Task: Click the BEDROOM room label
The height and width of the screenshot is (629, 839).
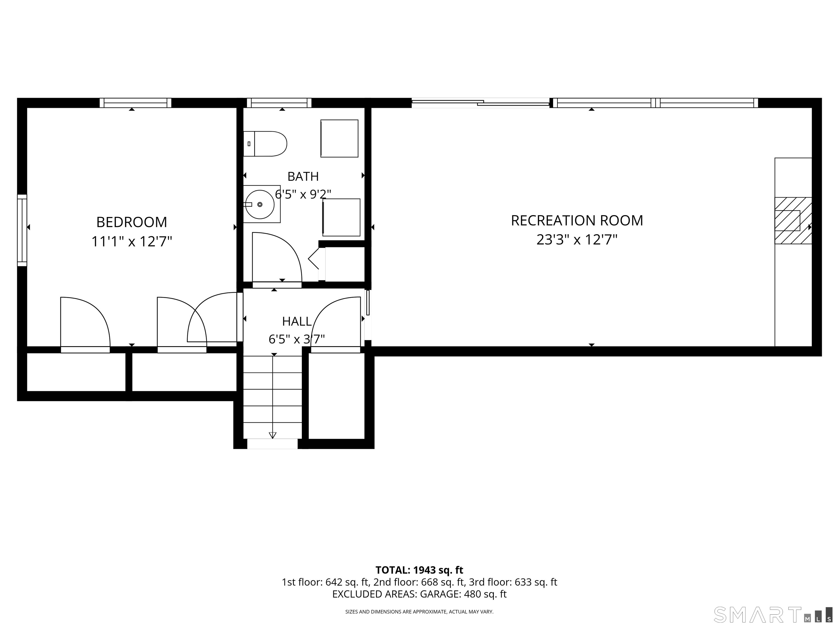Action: (132, 222)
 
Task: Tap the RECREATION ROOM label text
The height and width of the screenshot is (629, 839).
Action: (577, 221)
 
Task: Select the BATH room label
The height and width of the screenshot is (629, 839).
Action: (303, 176)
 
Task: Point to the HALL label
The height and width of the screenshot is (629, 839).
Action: (297, 322)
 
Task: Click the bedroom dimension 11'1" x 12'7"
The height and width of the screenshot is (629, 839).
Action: (132, 242)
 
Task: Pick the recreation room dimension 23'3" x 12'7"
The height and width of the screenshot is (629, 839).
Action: (577, 240)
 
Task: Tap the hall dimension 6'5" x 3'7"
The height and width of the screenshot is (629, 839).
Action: (297, 339)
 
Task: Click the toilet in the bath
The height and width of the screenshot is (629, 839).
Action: (265, 144)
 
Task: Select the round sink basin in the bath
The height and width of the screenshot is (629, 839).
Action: (260, 204)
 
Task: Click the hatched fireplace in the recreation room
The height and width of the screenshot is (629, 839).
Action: (793, 221)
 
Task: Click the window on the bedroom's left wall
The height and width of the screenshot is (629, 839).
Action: (22, 230)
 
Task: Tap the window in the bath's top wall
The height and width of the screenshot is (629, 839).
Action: (279, 103)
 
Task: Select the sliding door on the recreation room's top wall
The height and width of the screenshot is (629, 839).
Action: (481, 102)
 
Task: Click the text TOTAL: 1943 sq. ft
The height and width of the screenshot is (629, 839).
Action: (419, 570)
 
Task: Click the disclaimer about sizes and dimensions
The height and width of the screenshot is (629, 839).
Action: (419, 612)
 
